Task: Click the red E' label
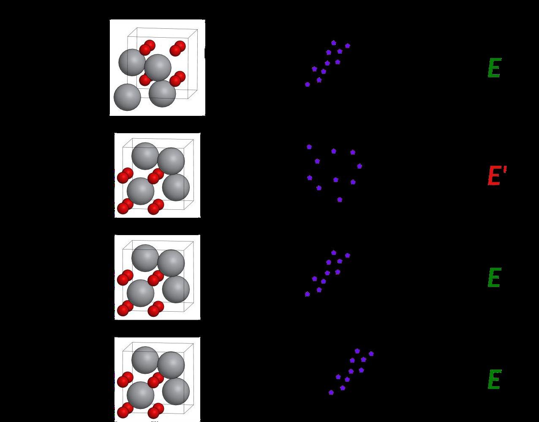click(496, 175)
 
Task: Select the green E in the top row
click(494, 68)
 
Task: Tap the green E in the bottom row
click(494, 380)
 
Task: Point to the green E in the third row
click(494, 278)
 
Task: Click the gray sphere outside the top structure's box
click(127, 97)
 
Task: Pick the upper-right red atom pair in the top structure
click(177, 48)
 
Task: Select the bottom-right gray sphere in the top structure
click(162, 93)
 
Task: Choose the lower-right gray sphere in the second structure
click(176, 187)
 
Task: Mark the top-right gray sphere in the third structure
click(171, 263)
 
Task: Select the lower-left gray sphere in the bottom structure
click(141, 395)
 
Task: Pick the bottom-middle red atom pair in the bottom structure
click(155, 410)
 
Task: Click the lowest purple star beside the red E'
click(340, 200)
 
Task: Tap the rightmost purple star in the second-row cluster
click(359, 166)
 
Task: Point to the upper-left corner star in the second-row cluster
click(309, 147)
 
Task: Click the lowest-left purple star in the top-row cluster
click(308, 85)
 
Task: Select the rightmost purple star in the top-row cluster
click(348, 46)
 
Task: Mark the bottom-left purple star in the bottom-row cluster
click(331, 392)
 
